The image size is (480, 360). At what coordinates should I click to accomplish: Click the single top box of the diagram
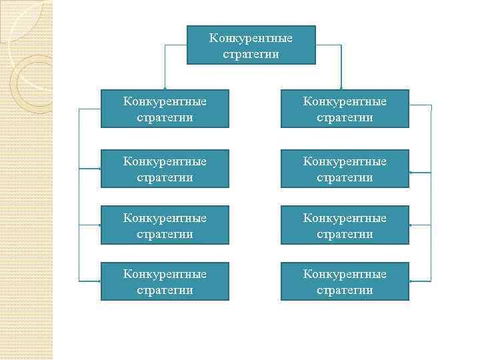tap(251, 45)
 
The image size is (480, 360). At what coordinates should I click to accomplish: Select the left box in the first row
tap(165, 109)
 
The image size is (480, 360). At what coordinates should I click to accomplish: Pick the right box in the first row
tap(345, 109)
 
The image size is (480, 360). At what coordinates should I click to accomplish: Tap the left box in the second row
tap(165, 169)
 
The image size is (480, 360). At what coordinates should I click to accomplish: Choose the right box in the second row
tap(345, 169)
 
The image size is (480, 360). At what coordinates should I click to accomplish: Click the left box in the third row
tap(165, 225)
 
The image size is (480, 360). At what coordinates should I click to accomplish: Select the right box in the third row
tap(345, 225)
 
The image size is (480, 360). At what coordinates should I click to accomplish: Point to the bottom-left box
tap(165, 281)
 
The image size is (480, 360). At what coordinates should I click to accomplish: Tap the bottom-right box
tap(345, 281)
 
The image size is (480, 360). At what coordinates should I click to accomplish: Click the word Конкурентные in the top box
tap(251, 37)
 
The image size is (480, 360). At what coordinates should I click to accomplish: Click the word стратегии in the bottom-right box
tap(345, 290)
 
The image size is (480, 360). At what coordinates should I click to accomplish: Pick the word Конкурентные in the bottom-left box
tap(165, 274)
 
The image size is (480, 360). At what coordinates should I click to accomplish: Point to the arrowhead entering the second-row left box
tap(99, 169)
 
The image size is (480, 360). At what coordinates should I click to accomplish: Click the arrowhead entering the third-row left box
tap(99, 225)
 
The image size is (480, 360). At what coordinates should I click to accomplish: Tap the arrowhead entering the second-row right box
tap(411, 172)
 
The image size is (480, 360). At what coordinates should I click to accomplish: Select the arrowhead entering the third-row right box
tap(411, 225)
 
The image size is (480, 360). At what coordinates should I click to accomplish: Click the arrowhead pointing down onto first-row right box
tap(341, 87)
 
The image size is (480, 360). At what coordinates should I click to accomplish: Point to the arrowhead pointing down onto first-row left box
tap(165, 87)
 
